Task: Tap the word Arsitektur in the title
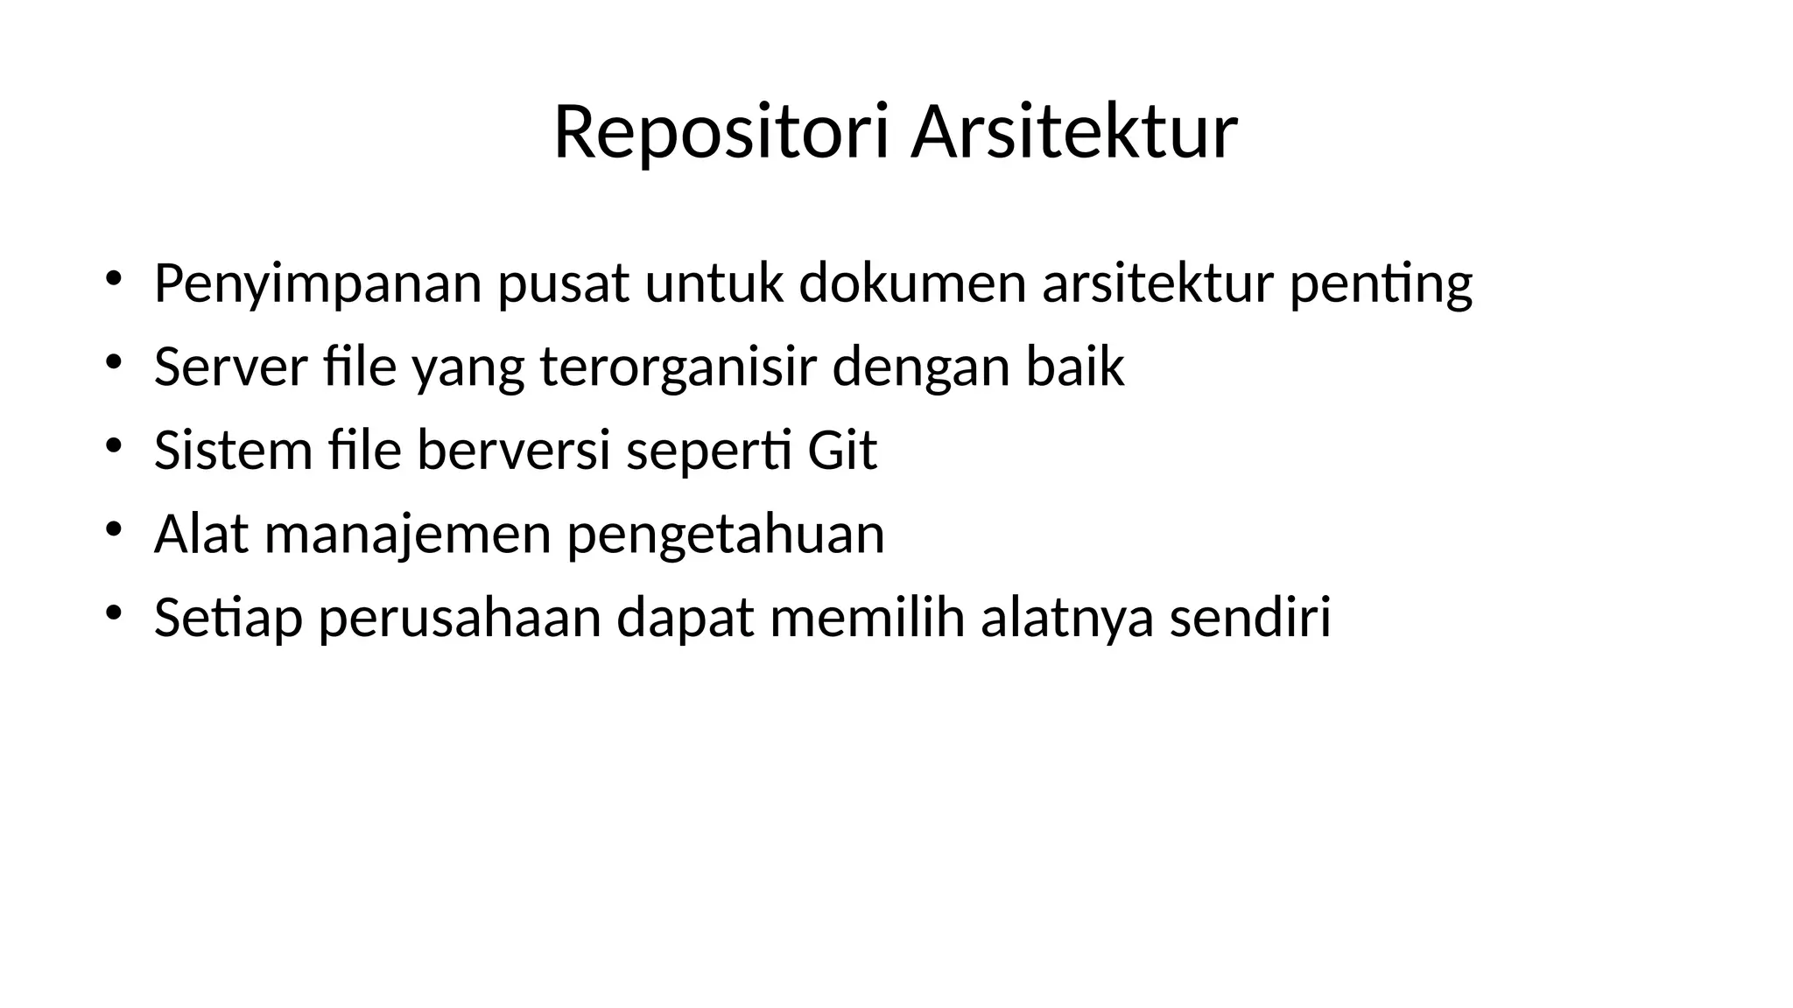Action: (1074, 133)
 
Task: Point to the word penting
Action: (1381, 283)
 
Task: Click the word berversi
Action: (513, 450)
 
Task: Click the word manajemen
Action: (408, 534)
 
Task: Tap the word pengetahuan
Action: (726, 534)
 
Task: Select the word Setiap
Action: (229, 617)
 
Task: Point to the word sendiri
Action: (1249, 617)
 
